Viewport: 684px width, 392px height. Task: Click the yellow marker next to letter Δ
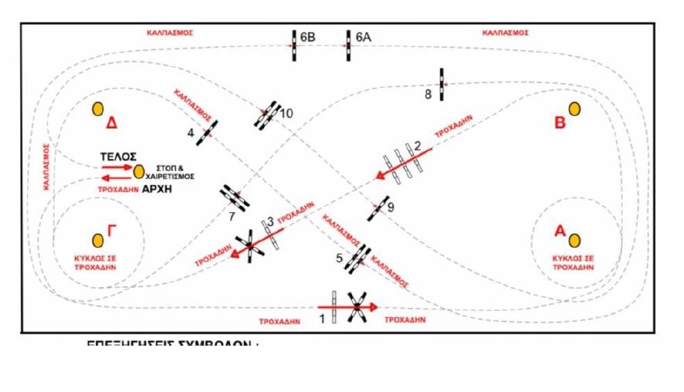(x=98, y=110)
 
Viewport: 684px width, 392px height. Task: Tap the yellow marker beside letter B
(x=574, y=109)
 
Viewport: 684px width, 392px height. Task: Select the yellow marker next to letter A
(x=574, y=240)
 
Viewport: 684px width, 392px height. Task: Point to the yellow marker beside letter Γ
(x=98, y=240)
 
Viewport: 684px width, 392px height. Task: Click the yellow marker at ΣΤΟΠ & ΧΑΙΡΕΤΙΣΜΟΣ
(x=139, y=171)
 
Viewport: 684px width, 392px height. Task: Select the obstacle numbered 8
(x=442, y=84)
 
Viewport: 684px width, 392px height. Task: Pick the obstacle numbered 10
(x=269, y=114)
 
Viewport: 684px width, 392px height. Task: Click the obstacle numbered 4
(x=206, y=133)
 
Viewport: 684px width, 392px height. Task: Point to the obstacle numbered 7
(x=234, y=197)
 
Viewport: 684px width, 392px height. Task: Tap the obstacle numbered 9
(x=378, y=208)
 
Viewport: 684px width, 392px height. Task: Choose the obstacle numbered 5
(x=357, y=258)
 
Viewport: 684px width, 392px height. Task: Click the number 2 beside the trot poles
(x=418, y=145)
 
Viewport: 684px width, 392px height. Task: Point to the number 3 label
(x=270, y=222)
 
